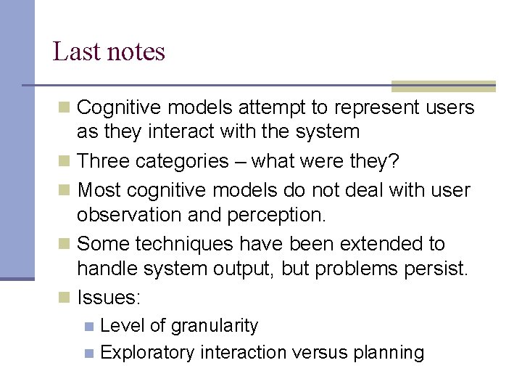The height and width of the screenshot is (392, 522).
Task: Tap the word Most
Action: tap(99, 190)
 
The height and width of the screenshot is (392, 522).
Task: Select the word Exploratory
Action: tap(148, 353)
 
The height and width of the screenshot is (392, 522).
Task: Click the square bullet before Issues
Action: tap(65, 298)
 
